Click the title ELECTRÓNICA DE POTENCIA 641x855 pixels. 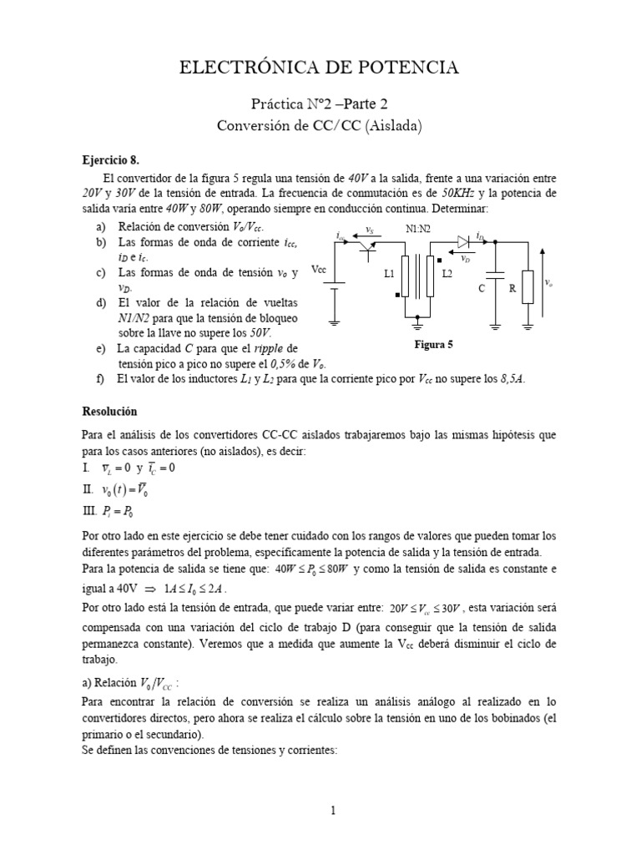click(x=320, y=68)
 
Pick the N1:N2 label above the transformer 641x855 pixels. click(x=419, y=228)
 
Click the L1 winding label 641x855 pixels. click(x=390, y=274)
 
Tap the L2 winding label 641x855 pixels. click(x=447, y=274)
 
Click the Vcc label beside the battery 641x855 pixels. click(x=319, y=270)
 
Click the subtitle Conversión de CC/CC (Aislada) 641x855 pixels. click(x=320, y=127)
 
